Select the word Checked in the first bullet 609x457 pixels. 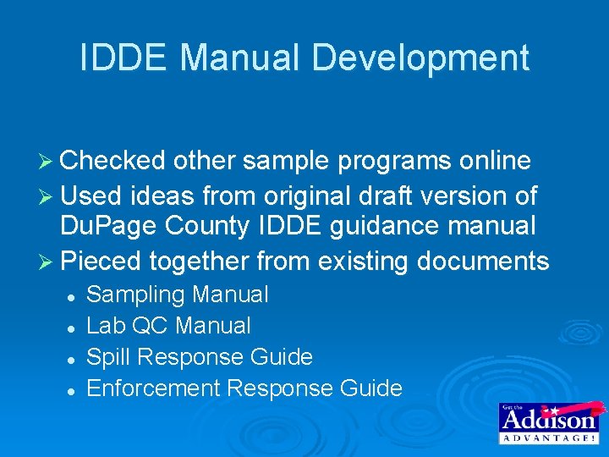pyautogui.click(x=112, y=161)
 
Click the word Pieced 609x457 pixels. pyautogui.click(x=101, y=261)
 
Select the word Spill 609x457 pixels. pyautogui.click(x=107, y=357)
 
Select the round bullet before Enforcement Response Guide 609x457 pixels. pyautogui.click(x=74, y=390)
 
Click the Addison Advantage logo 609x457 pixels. pyautogui.click(x=548, y=422)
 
